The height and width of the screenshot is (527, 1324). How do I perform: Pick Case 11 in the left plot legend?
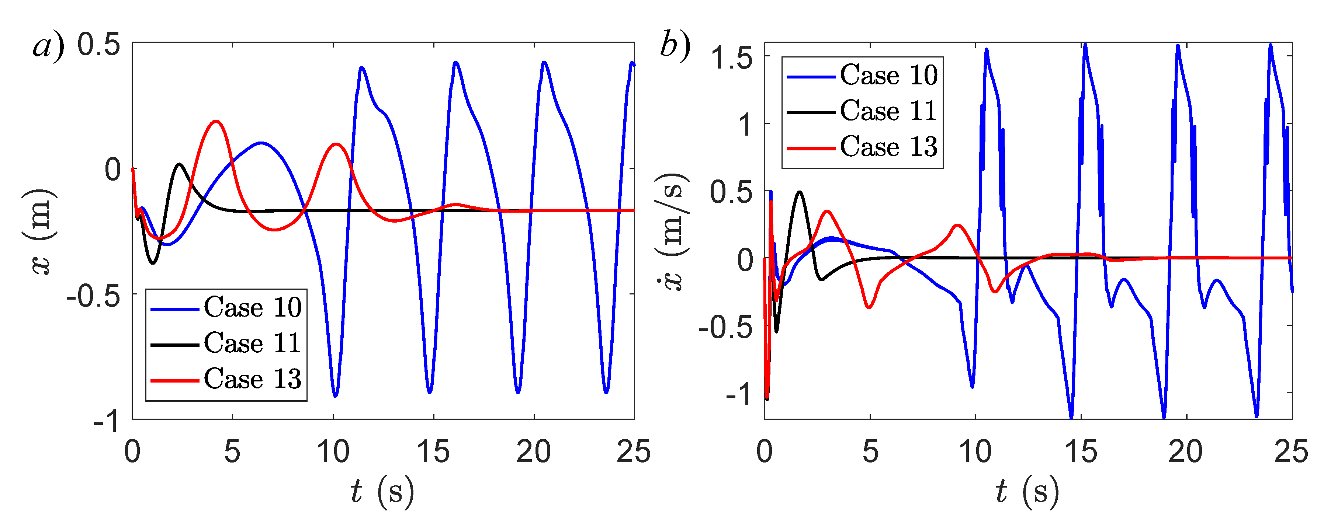(x=252, y=343)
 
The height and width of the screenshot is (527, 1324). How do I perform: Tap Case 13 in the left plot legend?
(x=252, y=379)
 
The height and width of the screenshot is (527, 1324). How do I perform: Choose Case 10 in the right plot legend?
(x=888, y=76)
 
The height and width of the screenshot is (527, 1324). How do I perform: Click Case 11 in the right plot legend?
(x=888, y=111)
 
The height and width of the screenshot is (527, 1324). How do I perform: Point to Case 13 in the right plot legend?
(x=888, y=147)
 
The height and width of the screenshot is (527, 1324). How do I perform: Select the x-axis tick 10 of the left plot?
(x=333, y=452)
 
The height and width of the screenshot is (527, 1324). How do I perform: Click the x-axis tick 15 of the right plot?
(x=1081, y=452)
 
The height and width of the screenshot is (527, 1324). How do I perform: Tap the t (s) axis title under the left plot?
(x=382, y=492)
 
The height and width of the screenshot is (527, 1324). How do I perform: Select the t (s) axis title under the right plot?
(x=1027, y=492)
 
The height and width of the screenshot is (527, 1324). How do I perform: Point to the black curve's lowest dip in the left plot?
(x=153, y=263)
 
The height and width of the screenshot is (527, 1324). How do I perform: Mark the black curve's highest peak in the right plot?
(x=800, y=192)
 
